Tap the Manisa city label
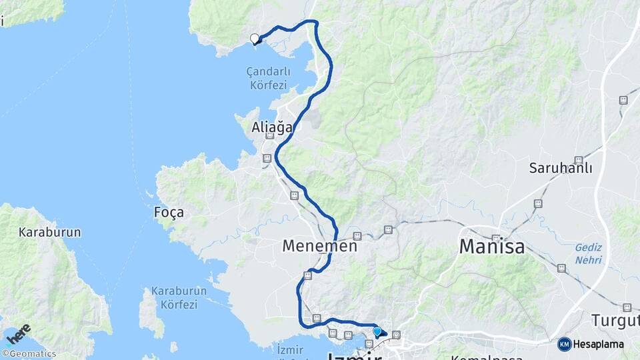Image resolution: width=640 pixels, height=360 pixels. [492, 248]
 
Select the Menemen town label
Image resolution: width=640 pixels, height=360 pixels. [320, 246]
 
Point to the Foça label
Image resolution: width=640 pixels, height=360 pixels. [169, 213]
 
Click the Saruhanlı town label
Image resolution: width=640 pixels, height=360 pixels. [561, 168]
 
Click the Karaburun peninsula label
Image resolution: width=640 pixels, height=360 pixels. [50, 233]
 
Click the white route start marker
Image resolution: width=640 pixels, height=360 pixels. [254, 38]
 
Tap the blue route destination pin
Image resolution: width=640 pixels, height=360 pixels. [377, 331]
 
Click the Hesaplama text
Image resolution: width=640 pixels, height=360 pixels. [598, 345]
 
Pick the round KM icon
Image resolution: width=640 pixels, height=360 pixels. [565, 345]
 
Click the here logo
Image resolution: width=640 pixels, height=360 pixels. [18, 334]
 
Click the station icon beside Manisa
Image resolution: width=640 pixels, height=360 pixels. [496, 237]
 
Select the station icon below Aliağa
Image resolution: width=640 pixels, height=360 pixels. [267, 158]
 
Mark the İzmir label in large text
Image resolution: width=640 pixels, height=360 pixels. [355, 357]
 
